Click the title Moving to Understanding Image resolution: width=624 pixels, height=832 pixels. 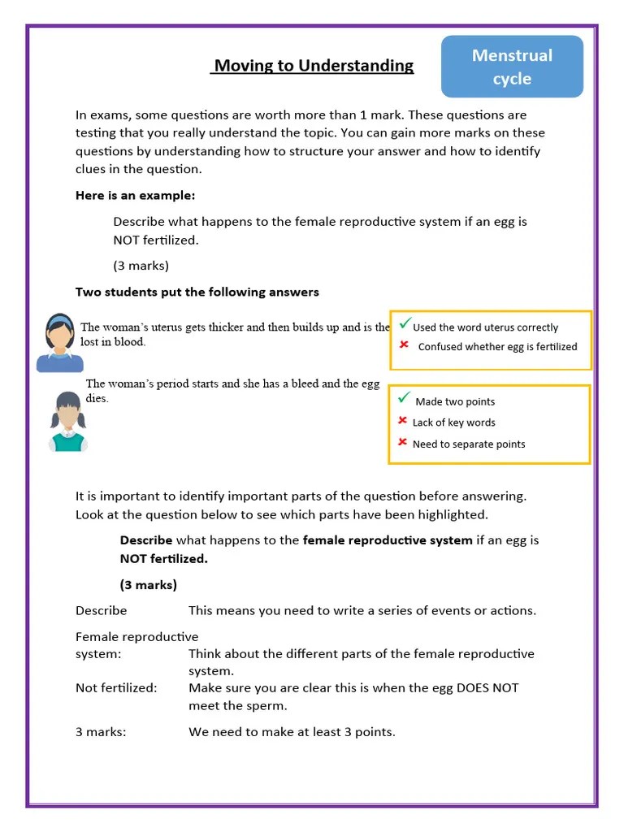(x=313, y=66)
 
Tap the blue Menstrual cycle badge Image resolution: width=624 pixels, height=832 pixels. (x=512, y=67)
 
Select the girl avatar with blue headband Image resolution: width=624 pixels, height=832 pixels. (x=58, y=343)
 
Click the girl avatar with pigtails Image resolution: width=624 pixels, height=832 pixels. (x=68, y=421)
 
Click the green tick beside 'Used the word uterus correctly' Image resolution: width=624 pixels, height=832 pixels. (x=405, y=324)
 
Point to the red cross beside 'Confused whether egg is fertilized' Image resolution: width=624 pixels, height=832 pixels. (x=404, y=345)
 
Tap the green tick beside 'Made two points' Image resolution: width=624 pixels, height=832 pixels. (x=405, y=397)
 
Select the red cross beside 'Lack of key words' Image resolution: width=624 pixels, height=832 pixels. (x=402, y=421)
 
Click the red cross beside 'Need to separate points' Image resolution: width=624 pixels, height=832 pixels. (x=402, y=443)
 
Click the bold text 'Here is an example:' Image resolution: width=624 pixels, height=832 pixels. (x=135, y=196)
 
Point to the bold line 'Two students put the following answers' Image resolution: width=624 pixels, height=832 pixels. (x=197, y=292)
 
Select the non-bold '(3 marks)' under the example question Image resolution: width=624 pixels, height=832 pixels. (x=141, y=266)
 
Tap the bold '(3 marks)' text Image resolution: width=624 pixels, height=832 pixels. (x=148, y=585)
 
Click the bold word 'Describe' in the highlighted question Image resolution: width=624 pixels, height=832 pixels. (x=146, y=540)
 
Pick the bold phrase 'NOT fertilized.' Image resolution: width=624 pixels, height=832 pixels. (x=164, y=559)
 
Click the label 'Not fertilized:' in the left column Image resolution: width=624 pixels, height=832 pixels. (x=116, y=688)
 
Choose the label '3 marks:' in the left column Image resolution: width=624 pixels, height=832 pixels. (x=101, y=732)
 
